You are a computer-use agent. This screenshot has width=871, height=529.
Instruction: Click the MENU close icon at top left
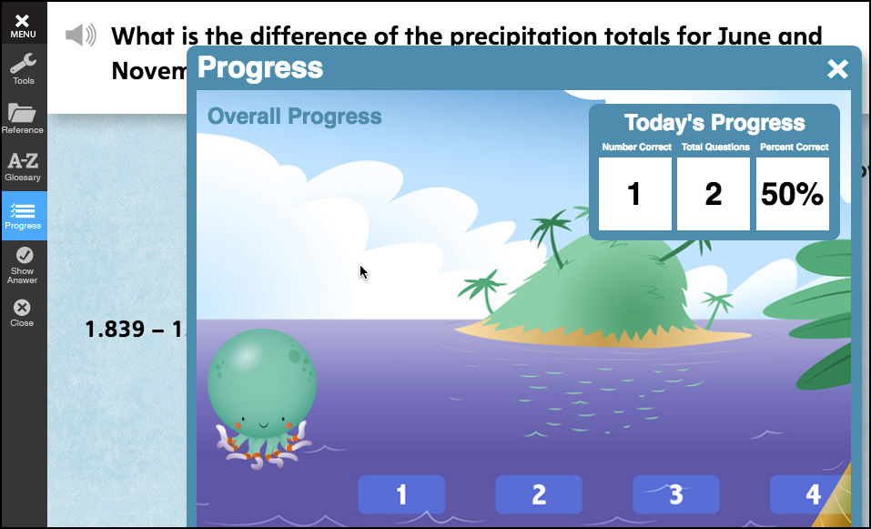click(23, 24)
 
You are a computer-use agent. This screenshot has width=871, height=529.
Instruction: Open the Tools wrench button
click(23, 68)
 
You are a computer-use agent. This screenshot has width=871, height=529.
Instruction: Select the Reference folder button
click(23, 117)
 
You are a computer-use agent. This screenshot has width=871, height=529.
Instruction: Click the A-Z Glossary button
click(23, 166)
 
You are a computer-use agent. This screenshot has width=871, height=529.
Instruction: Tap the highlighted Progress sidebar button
click(23, 216)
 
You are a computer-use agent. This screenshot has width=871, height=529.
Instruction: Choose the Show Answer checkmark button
click(23, 264)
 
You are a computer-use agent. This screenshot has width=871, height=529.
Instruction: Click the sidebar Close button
click(23, 313)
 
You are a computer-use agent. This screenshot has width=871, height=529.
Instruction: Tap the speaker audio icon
click(80, 36)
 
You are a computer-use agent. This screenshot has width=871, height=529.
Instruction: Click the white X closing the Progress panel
click(837, 69)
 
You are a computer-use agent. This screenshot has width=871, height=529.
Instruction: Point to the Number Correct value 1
click(634, 194)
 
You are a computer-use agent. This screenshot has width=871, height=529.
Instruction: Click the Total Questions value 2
click(714, 194)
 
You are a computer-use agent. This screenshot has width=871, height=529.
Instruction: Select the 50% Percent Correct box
click(792, 194)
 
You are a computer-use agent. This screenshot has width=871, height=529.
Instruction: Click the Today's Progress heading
click(714, 123)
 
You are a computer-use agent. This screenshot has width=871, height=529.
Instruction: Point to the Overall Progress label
click(294, 117)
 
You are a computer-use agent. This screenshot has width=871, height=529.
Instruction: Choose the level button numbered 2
click(539, 494)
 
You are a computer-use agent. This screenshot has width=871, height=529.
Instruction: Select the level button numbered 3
click(675, 494)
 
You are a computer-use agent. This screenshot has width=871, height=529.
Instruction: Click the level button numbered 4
click(810, 494)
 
